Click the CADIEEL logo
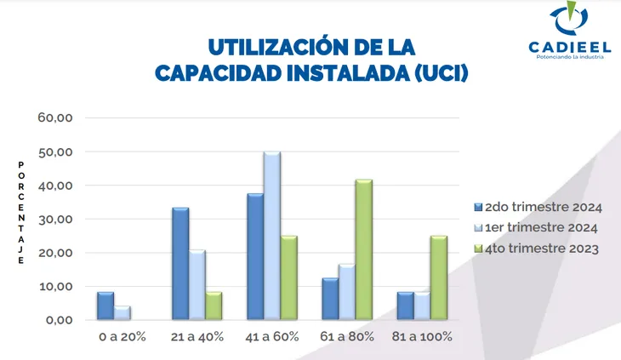[x=562, y=34]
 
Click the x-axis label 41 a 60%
[x=272, y=336]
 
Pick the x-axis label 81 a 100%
[x=423, y=336]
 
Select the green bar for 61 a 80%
[x=364, y=250]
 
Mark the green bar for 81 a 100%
[x=439, y=278]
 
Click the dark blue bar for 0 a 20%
[x=105, y=306]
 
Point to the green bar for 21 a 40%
[x=214, y=306]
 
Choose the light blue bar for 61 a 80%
[x=347, y=293]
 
